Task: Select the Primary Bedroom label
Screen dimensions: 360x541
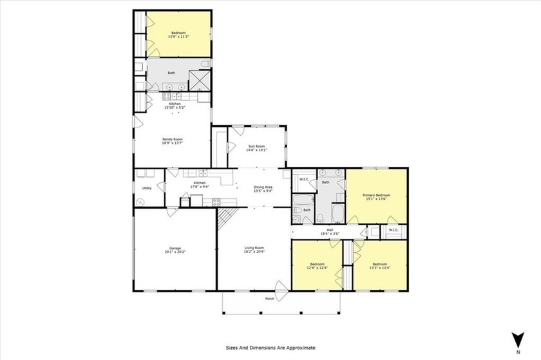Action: tap(377, 196)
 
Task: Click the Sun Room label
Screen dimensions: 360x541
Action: tap(257, 148)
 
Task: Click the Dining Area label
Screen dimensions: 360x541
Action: tap(263, 188)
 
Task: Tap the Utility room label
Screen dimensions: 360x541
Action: tap(147, 188)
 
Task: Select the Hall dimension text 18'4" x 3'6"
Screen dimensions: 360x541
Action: tap(330, 234)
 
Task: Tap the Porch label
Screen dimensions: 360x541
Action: tap(269, 299)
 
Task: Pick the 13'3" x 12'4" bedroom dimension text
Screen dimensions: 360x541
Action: tap(379, 267)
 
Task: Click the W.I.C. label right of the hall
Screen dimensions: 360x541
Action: tap(394, 230)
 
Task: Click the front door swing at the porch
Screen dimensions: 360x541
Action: tap(281, 287)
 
